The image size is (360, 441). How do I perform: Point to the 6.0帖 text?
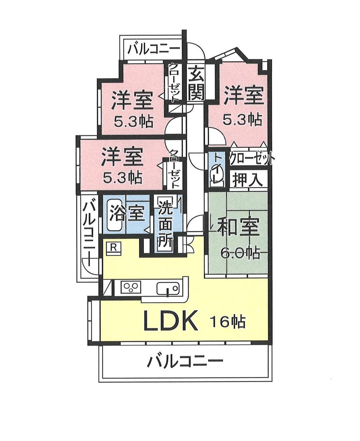[240, 253]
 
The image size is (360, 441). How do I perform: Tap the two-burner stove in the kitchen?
[130, 287]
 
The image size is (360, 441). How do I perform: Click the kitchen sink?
[168, 288]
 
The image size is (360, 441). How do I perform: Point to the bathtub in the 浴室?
[114, 215]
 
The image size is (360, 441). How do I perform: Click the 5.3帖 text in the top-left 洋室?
[134, 122]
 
